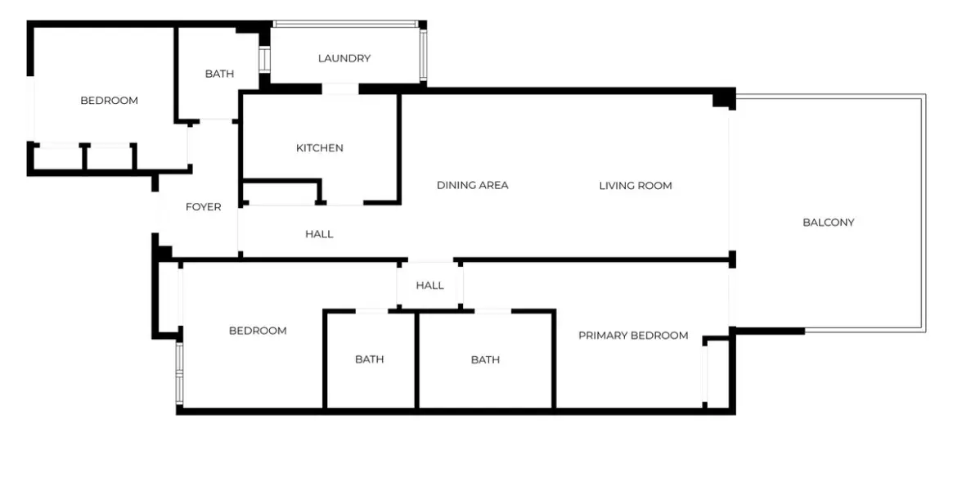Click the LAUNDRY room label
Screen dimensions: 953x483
click(344, 58)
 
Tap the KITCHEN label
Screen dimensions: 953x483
click(320, 148)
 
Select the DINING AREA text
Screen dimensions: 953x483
click(472, 185)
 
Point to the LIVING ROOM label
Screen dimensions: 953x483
click(636, 186)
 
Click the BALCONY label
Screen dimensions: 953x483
click(829, 222)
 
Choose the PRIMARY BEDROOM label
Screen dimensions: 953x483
click(633, 335)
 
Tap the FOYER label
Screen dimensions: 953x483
click(203, 207)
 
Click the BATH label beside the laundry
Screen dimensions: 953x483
click(219, 74)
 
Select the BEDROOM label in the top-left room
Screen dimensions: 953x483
click(110, 101)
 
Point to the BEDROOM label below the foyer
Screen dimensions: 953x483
click(258, 330)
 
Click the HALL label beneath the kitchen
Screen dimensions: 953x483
click(319, 233)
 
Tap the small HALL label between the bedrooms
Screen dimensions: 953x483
click(429, 286)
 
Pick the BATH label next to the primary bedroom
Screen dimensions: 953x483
click(486, 359)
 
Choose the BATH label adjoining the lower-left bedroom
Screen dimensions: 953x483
click(370, 359)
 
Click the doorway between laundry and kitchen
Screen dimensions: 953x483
click(340, 88)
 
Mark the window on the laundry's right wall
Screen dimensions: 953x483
click(424, 55)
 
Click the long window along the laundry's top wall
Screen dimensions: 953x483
click(346, 24)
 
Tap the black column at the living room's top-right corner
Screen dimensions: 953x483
click(725, 98)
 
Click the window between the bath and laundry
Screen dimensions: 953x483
click(264, 59)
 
